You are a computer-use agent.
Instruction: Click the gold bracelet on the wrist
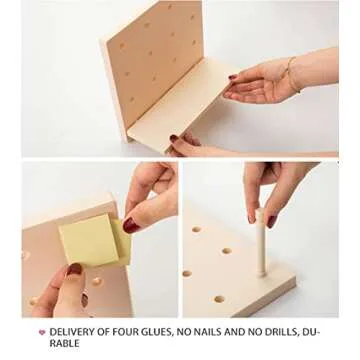(x=292, y=75)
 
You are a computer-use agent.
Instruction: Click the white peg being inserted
(x=261, y=243)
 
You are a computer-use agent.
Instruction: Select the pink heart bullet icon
(x=42, y=332)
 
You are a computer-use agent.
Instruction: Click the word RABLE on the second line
(x=64, y=343)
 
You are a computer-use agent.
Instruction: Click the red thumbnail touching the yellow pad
(x=131, y=225)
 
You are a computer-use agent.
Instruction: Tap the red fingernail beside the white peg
(x=272, y=222)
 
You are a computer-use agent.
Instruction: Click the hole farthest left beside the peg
(x=187, y=274)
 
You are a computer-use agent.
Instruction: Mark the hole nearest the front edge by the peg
(x=219, y=299)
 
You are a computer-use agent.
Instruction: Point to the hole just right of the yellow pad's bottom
(x=97, y=282)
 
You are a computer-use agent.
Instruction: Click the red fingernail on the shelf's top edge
(x=233, y=77)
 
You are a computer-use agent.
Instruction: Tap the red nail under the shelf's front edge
(x=174, y=138)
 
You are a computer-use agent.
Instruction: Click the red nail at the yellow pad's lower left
(x=74, y=269)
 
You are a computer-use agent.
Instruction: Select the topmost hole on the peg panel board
(x=170, y=6)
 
